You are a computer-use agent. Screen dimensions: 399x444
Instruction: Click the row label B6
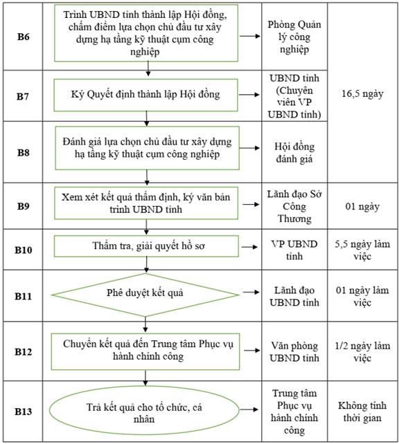(x=24, y=37)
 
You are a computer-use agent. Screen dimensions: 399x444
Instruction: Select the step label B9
(x=24, y=206)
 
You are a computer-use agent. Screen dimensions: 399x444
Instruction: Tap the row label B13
(x=24, y=411)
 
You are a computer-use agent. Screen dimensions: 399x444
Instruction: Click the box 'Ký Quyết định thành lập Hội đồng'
(x=145, y=95)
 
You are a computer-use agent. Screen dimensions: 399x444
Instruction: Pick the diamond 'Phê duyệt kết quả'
(x=145, y=295)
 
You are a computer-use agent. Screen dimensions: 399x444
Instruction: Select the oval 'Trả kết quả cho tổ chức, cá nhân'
(x=144, y=411)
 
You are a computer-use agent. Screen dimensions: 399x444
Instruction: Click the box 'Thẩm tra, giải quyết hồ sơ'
(x=146, y=246)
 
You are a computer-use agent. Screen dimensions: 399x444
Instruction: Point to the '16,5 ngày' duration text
(x=362, y=93)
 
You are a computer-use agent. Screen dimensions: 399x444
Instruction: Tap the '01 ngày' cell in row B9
(x=362, y=206)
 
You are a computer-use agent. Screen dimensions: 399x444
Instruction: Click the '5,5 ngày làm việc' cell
(x=362, y=250)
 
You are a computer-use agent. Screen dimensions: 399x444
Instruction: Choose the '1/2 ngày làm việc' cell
(x=362, y=352)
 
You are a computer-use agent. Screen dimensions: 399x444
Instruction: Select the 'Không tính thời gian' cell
(x=362, y=411)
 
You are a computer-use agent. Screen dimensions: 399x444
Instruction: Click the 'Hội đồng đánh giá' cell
(x=294, y=153)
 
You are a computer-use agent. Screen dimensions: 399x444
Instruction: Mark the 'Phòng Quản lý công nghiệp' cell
(x=294, y=37)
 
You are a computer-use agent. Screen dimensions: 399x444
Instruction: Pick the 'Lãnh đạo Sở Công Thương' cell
(x=294, y=206)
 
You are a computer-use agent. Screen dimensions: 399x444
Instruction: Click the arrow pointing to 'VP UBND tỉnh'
(x=249, y=247)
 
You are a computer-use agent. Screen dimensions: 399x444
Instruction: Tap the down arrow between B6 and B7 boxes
(x=148, y=68)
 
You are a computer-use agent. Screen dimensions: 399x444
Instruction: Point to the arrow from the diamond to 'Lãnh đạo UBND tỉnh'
(x=251, y=292)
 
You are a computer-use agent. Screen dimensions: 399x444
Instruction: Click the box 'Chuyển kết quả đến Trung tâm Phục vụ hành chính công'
(x=145, y=351)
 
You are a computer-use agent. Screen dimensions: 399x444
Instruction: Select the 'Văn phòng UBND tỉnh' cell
(x=294, y=352)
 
